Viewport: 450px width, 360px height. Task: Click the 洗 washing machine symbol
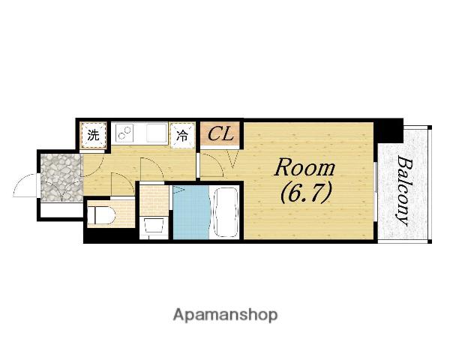point(93,135)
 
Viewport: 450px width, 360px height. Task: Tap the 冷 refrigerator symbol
point(182,135)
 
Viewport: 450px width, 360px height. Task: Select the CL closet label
point(220,134)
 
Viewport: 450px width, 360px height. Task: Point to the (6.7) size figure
point(307,193)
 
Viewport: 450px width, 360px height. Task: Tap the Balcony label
point(403,190)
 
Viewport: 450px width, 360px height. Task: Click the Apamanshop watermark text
point(225,316)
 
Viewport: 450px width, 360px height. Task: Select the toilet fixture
point(101,215)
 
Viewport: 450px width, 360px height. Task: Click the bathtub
point(226,212)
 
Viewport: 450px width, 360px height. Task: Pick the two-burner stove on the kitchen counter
point(124,133)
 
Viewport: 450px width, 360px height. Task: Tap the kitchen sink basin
point(157,133)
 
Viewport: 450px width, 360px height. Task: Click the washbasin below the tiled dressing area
point(154,226)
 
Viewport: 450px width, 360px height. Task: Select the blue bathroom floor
point(191,212)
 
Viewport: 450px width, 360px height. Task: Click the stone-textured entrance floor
point(61,178)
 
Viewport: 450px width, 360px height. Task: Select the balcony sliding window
point(376,192)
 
